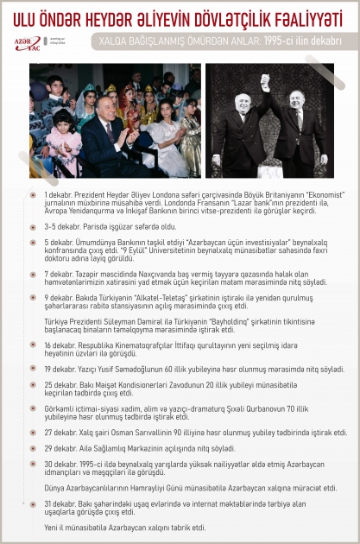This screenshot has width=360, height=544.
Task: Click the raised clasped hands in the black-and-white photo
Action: pyautogui.click(x=262, y=80)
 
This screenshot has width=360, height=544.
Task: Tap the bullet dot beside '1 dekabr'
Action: pyautogui.click(x=33, y=196)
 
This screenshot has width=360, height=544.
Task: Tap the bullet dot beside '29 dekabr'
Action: pyautogui.click(x=33, y=448)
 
